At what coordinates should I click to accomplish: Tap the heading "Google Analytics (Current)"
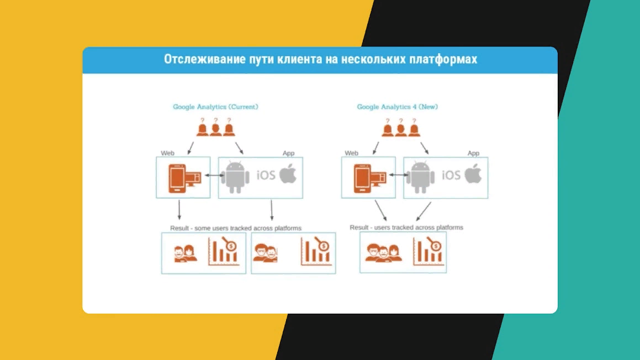tap(215, 107)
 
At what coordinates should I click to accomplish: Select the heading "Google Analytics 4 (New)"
tap(397, 107)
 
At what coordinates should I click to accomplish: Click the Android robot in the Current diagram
tap(235, 177)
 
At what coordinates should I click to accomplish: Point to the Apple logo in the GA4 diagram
tap(473, 173)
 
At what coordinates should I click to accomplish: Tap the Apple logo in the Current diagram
tap(288, 173)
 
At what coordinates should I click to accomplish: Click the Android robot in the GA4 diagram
tap(420, 177)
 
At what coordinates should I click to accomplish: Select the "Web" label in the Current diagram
tap(167, 153)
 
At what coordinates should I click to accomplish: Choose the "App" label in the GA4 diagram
tap(473, 153)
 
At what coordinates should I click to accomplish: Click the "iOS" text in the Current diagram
tap(266, 175)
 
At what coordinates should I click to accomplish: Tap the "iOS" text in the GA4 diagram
tap(451, 175)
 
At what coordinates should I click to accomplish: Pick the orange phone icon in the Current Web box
tap(177, 178)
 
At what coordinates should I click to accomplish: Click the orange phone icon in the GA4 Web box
tap(362, 178)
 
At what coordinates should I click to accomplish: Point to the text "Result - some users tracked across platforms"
tap(235, 228)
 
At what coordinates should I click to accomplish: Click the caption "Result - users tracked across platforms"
tap(406, 227)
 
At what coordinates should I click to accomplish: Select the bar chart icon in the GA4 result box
tap(429, 251)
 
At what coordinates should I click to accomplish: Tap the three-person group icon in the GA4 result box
tap(384, 253)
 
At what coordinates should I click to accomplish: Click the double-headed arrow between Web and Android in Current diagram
tap(215, 175)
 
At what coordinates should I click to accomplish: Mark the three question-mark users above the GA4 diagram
tap(401, 128)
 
